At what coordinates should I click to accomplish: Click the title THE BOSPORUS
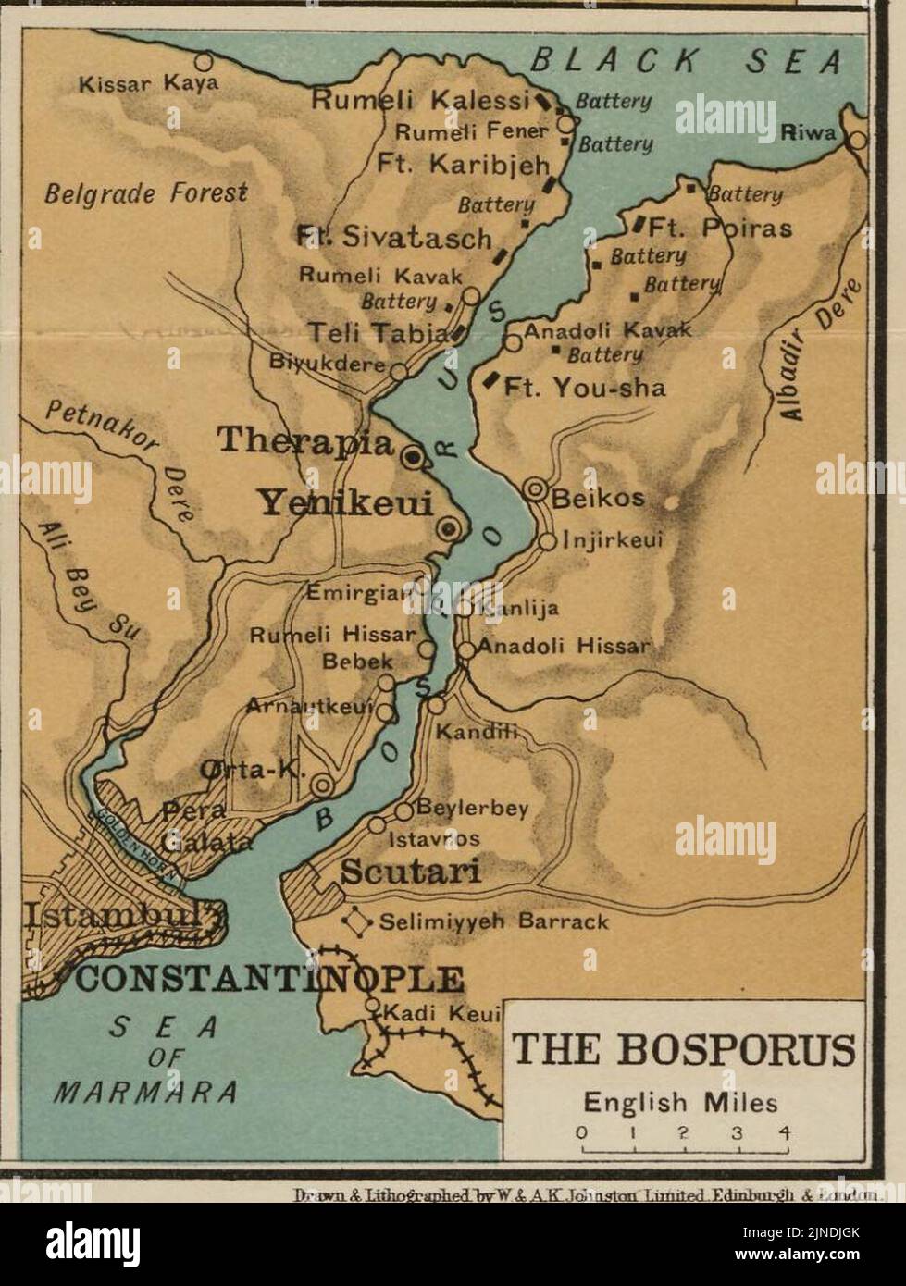[683, 1051]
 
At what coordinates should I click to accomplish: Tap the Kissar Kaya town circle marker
[203, 62]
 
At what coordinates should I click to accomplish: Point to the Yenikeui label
[345, 503]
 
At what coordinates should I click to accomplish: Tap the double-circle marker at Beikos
[535, 489]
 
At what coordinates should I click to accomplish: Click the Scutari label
[411, 872]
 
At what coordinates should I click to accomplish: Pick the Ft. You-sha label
[584, 387]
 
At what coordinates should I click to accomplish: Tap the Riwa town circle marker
[858, 140]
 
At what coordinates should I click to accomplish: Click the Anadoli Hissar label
[564, 646]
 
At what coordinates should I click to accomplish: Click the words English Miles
[680, 1103]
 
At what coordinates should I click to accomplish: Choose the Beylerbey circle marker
[403, 811]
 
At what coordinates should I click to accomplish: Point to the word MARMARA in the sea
[147, 1091]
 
